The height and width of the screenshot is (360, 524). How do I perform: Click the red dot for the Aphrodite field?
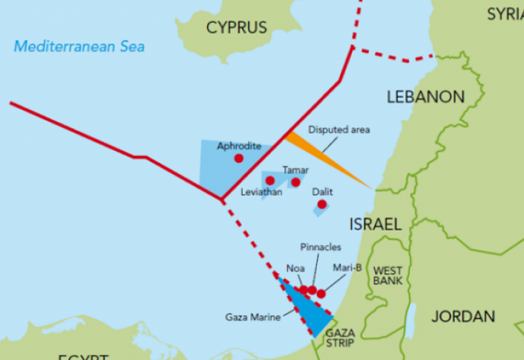pos(239,158)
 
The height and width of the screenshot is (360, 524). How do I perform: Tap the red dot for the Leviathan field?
pos(270,181)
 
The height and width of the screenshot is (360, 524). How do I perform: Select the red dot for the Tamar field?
pos(295,182)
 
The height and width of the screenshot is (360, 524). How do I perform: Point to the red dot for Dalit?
pos(322,204)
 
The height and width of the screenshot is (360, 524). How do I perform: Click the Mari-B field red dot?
pos(321,294)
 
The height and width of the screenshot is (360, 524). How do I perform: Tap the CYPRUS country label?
pos(236,28)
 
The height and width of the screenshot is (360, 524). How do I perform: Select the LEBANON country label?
pos(425,97)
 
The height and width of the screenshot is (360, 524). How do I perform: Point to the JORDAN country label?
pos(462,316)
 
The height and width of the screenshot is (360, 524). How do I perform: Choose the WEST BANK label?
pos(388,275)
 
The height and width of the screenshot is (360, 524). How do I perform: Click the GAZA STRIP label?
pos(339,338)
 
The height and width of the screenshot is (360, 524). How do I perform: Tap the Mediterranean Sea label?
pos(80,47)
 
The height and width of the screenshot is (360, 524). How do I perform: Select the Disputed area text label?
pos(339,129)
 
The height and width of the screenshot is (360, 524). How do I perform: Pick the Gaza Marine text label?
pos(252,317)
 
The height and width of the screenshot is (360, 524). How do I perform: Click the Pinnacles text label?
pos(321,246)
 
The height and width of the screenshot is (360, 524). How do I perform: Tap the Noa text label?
pos(295,269)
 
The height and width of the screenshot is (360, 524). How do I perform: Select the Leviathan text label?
pos(261,193)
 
